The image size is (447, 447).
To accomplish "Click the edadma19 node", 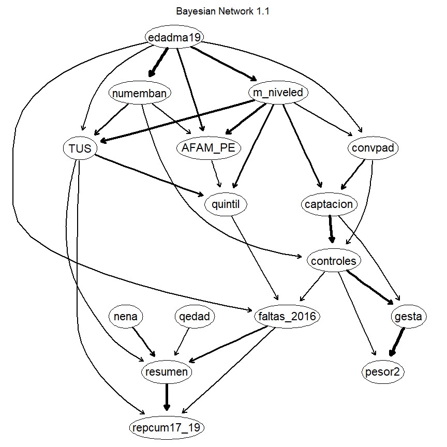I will tap(174, 37).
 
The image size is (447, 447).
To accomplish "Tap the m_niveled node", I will tap(279, 93).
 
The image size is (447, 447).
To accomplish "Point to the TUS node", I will tap(80, 149).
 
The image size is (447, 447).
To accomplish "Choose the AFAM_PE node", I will tap(208, 148).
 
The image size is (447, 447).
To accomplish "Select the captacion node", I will tap(329, 204).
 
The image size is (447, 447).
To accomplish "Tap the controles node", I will tap(334, 261).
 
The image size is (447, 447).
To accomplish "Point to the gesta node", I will tap(408, 317).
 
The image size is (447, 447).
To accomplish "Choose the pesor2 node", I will tap(383, 372).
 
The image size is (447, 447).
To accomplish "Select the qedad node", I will tap(192, 317).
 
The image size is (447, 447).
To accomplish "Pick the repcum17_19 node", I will tap(167, 427).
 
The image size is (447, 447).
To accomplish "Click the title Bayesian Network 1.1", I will tap(223, 11).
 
